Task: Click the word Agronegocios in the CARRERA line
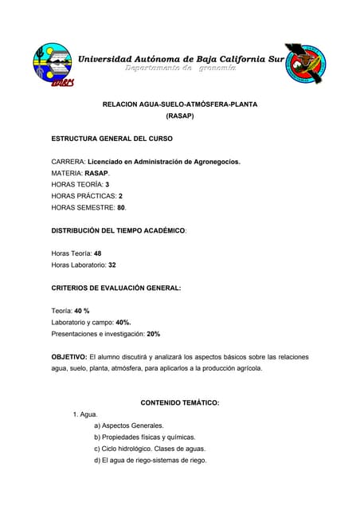pos(213,162)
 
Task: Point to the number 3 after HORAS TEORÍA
pos(107,184)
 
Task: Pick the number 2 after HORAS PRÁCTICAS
pos(120,195)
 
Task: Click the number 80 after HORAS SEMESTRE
pos(121,207)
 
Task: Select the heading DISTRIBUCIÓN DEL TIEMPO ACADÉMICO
pos(118,229)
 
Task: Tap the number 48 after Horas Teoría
pos(99,253)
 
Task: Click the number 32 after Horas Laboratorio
pos(112,264)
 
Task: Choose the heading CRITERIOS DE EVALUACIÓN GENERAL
pos(116,287)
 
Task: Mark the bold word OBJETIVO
pos(69,356)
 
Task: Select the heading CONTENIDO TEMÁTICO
pos(179,402)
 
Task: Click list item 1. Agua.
pos(84,414)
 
